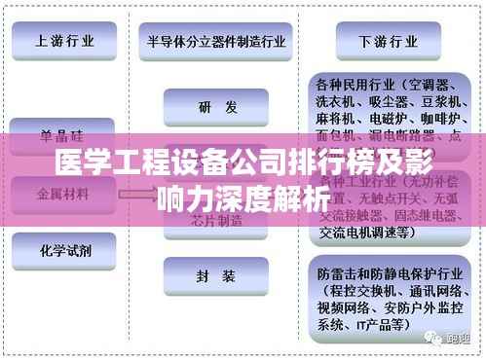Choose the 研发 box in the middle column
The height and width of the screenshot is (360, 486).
(x=215, y=108)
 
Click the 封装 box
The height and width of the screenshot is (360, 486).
(x=215, y=276)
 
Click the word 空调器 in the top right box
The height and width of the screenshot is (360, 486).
(x=425, y=84)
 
